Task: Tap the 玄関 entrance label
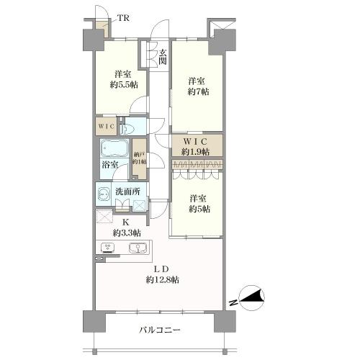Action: pos(163,57)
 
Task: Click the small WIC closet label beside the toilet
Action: pos(106,127)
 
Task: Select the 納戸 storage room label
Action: pos(139,154)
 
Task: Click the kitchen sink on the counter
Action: pos(136,249)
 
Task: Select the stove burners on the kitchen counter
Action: pos(107,249)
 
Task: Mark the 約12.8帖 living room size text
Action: pos(164,279)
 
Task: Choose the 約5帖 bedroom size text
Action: pos(196,209)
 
